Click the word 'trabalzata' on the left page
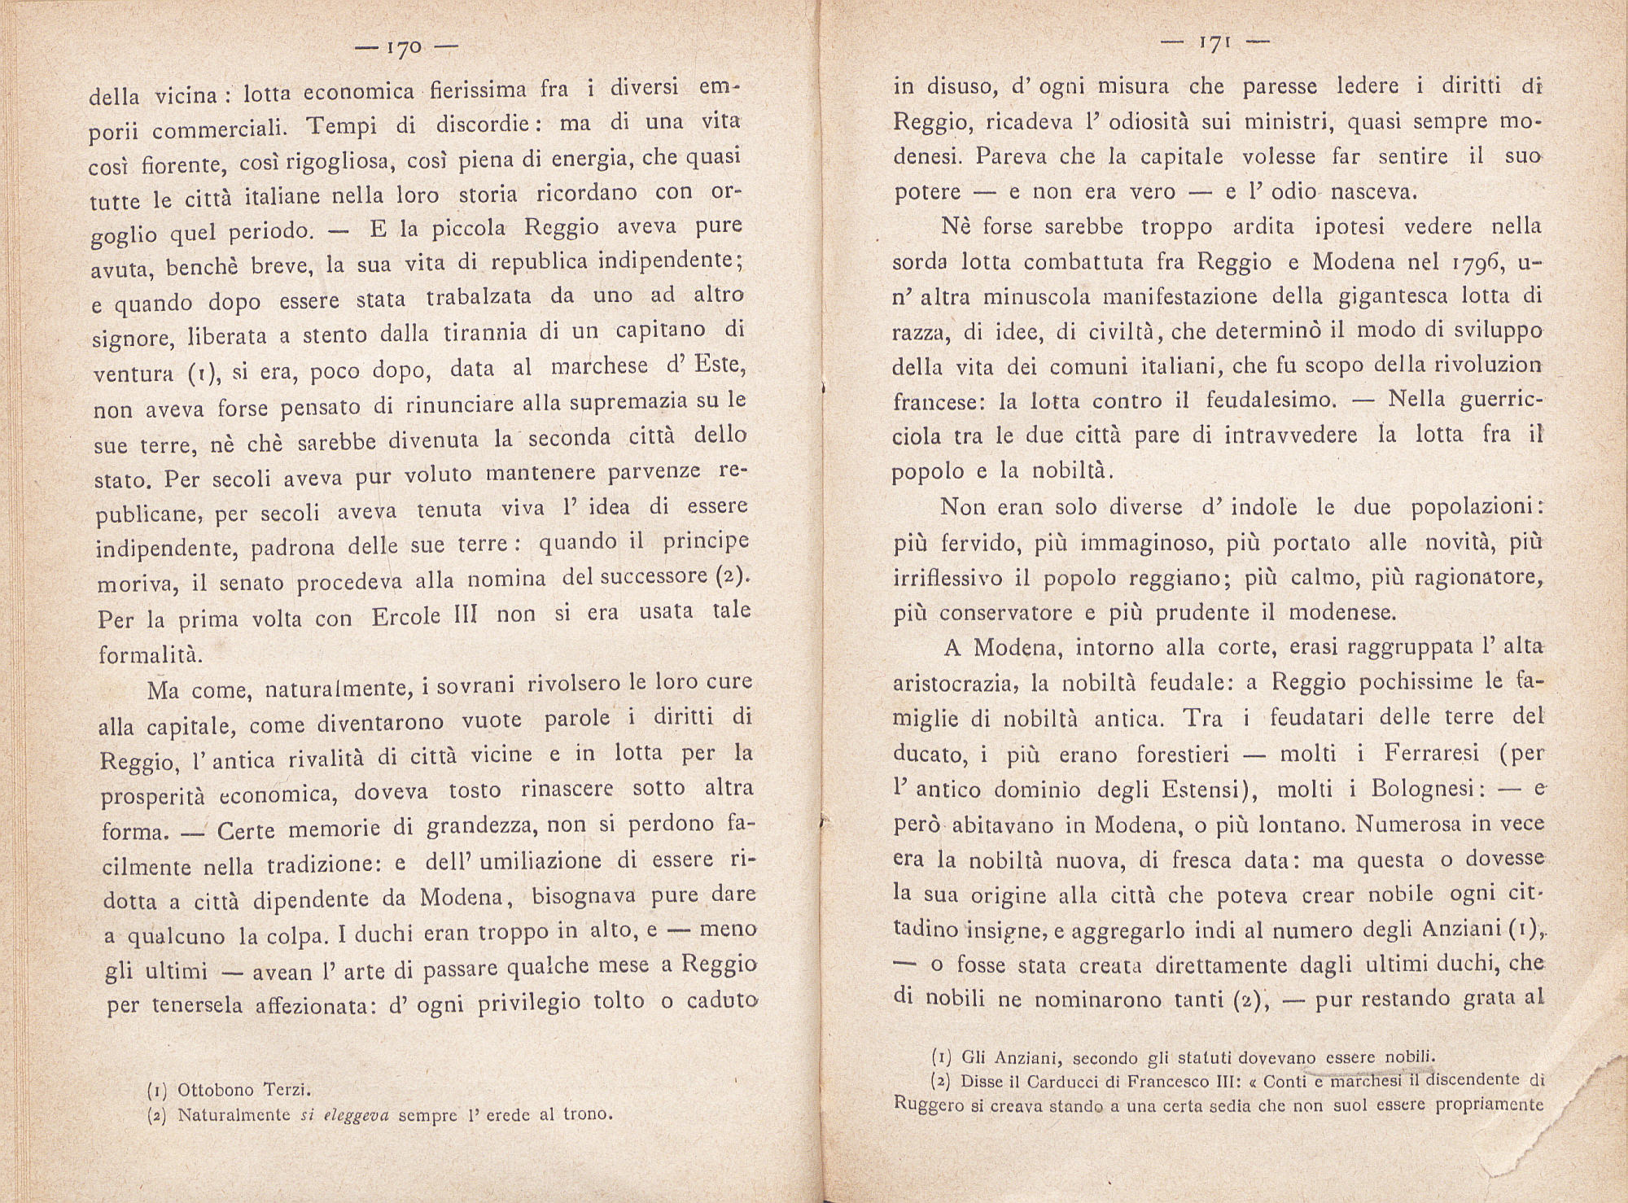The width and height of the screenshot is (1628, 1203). pyautogui.click(x=479, y=298)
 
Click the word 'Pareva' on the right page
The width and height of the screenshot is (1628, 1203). pyautogui.click(x=1006, y=155)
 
